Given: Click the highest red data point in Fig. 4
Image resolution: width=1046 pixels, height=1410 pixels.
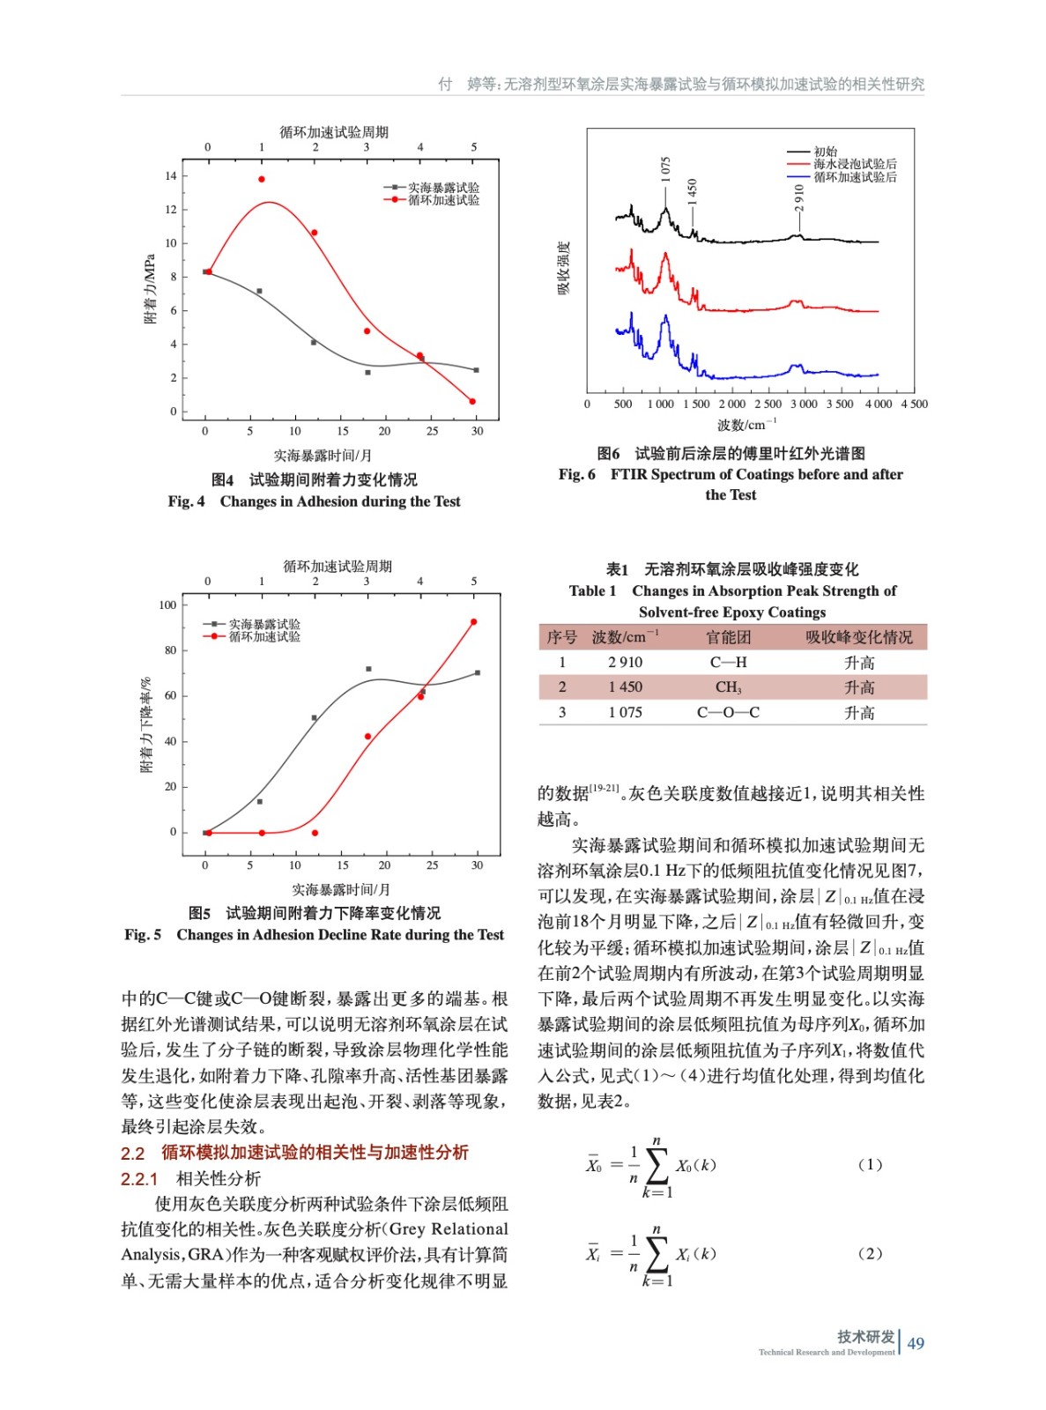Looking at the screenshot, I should pos(261,179).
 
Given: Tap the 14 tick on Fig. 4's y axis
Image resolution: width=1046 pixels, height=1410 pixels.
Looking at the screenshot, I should pos(171,175).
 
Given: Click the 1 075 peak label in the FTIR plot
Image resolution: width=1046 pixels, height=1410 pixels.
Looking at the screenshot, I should pos(666,168).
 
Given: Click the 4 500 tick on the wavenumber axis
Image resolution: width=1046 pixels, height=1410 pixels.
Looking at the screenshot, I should pos(914,404).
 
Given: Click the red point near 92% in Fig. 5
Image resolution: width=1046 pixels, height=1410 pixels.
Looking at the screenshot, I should pos(474,622).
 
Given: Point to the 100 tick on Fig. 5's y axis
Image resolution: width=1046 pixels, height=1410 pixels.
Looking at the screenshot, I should pos(167,605).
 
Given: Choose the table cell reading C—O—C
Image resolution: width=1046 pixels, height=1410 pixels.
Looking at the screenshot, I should pos(728,712).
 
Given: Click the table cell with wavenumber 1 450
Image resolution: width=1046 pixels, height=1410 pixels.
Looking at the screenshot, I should pos(625,687).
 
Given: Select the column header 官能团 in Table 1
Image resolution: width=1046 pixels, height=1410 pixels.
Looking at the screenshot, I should pos(728,637).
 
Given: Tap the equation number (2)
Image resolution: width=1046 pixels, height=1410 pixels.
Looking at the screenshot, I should pos(869,1253).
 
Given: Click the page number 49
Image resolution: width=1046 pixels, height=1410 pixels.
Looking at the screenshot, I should pos(916,1343).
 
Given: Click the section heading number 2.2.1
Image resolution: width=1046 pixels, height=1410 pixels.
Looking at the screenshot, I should pos(139,1179).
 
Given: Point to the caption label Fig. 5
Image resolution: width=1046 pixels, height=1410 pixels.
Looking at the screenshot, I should pos(143,935).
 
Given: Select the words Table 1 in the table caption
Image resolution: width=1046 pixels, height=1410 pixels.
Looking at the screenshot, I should pos(592,591).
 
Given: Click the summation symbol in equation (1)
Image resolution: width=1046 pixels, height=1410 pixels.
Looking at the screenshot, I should pos(657,1166).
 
